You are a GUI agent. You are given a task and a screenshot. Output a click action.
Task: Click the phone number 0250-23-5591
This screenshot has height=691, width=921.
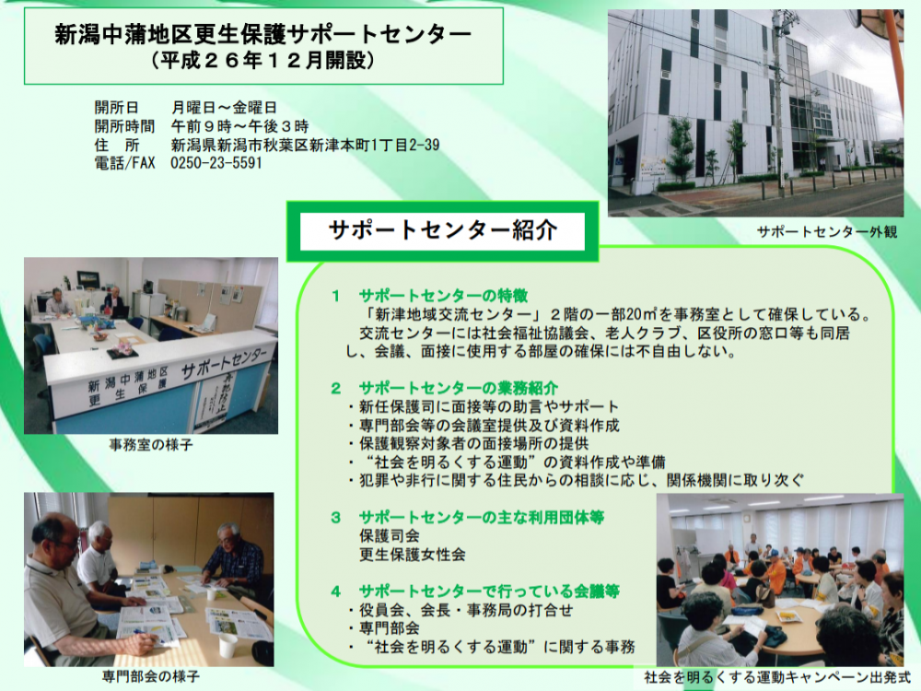(216, 163)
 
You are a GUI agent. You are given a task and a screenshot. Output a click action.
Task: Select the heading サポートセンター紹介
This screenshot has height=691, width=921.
(442, 229)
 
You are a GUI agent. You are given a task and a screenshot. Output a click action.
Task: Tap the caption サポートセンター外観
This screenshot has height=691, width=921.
(826, 232)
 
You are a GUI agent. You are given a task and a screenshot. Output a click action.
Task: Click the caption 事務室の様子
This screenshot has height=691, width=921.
(151, 445)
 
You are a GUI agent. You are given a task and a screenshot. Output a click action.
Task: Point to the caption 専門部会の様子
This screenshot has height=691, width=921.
(151, 677)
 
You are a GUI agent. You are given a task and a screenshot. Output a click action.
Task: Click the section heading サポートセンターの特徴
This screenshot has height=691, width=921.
(444, 296)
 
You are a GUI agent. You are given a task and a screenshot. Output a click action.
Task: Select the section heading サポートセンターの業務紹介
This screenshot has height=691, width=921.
(458, 388)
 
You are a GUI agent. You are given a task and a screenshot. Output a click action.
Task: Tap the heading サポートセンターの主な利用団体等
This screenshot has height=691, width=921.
(482, 518)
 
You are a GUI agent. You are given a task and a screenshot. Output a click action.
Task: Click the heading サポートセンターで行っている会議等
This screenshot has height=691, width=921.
(489, 591)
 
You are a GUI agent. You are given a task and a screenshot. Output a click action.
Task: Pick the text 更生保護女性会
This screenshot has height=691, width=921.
(413, 554)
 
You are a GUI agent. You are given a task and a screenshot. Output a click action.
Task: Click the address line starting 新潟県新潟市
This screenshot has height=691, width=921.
(306, 145)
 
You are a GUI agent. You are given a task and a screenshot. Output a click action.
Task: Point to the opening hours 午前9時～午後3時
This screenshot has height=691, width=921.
(239, 126)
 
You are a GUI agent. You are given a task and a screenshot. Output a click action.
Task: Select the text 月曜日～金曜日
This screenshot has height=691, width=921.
(224, 108)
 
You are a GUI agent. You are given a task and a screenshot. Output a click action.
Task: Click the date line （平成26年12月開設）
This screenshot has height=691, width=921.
(262, 61)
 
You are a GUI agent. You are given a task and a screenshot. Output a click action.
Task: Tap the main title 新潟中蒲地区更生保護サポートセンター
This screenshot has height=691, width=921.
(263, 35)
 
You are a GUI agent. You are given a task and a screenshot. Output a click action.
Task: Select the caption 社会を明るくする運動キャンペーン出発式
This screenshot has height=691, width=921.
(777, 677)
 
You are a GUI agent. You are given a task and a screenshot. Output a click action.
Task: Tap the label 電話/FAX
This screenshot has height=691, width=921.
(124, 163)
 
